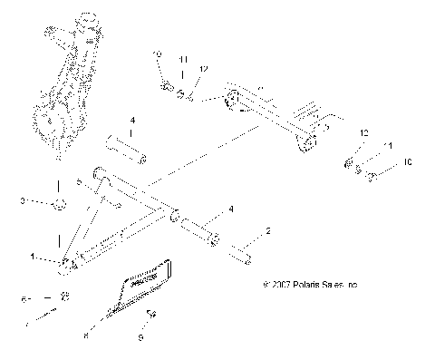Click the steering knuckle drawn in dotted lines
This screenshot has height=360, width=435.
click(65, 86)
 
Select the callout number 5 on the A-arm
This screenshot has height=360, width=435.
click(80, 182)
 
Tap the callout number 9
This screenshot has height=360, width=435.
click(140, 337)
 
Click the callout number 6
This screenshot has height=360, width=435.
click(24, 297)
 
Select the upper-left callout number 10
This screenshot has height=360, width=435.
click(156, 56)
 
